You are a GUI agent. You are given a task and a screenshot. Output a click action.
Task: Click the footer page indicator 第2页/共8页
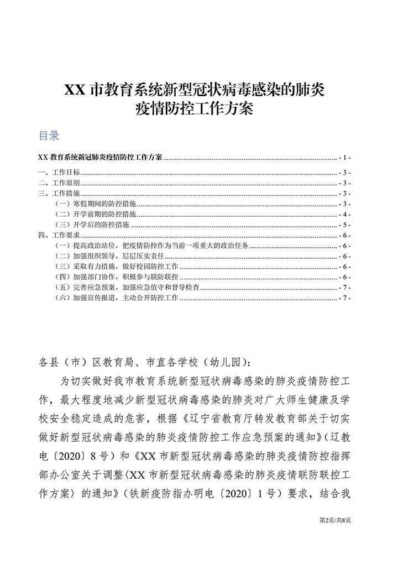coord(336,520)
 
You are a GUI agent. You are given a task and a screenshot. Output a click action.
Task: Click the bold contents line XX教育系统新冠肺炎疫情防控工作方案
coord(99,157)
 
